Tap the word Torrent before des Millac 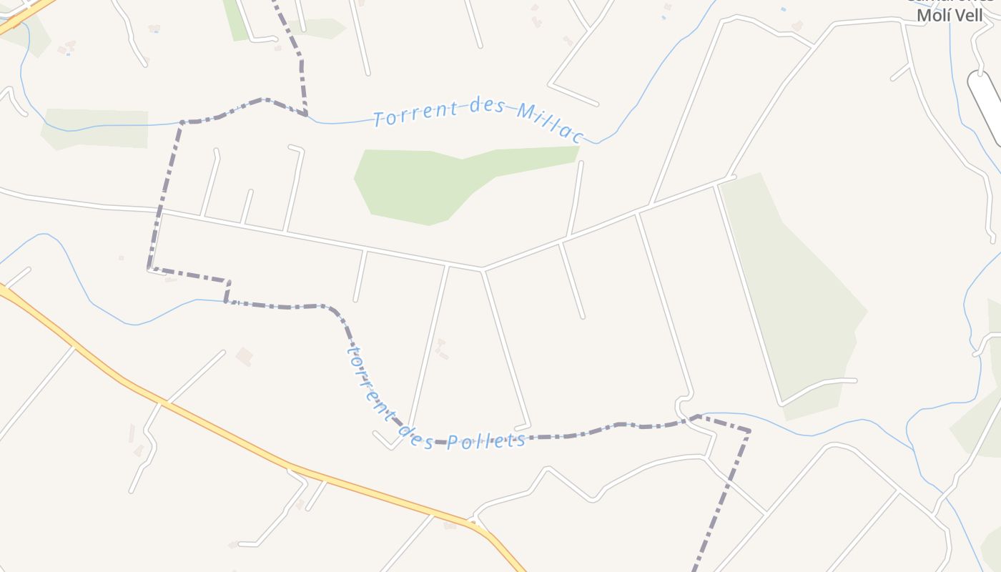(416, 114)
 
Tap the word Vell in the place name (968, 15)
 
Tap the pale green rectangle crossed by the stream (97, 129)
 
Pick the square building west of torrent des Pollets (245, 356)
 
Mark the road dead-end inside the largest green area (854, 380)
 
